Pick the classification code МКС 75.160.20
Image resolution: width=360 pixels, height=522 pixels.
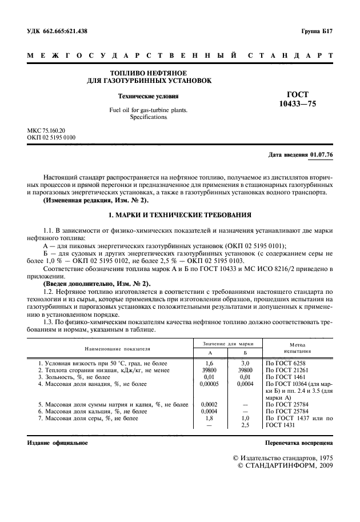[x=51, y=130]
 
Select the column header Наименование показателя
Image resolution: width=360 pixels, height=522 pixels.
[x=109, y=348]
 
